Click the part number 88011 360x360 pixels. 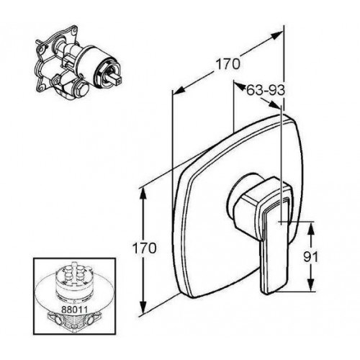coord(74,309)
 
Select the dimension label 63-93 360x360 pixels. coord(266,91)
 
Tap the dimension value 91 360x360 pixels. coord(310,257)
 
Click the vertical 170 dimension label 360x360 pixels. coord(144,248)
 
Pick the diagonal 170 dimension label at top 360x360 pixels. coord(228,64)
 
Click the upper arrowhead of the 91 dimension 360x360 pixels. coord(311,228)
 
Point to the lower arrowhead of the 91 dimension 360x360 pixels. coord(311,285)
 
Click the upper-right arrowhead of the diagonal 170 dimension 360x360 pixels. coord(276,36)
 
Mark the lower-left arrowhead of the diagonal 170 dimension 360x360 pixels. coord(179,90)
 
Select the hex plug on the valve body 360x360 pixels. coord(81,89)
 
